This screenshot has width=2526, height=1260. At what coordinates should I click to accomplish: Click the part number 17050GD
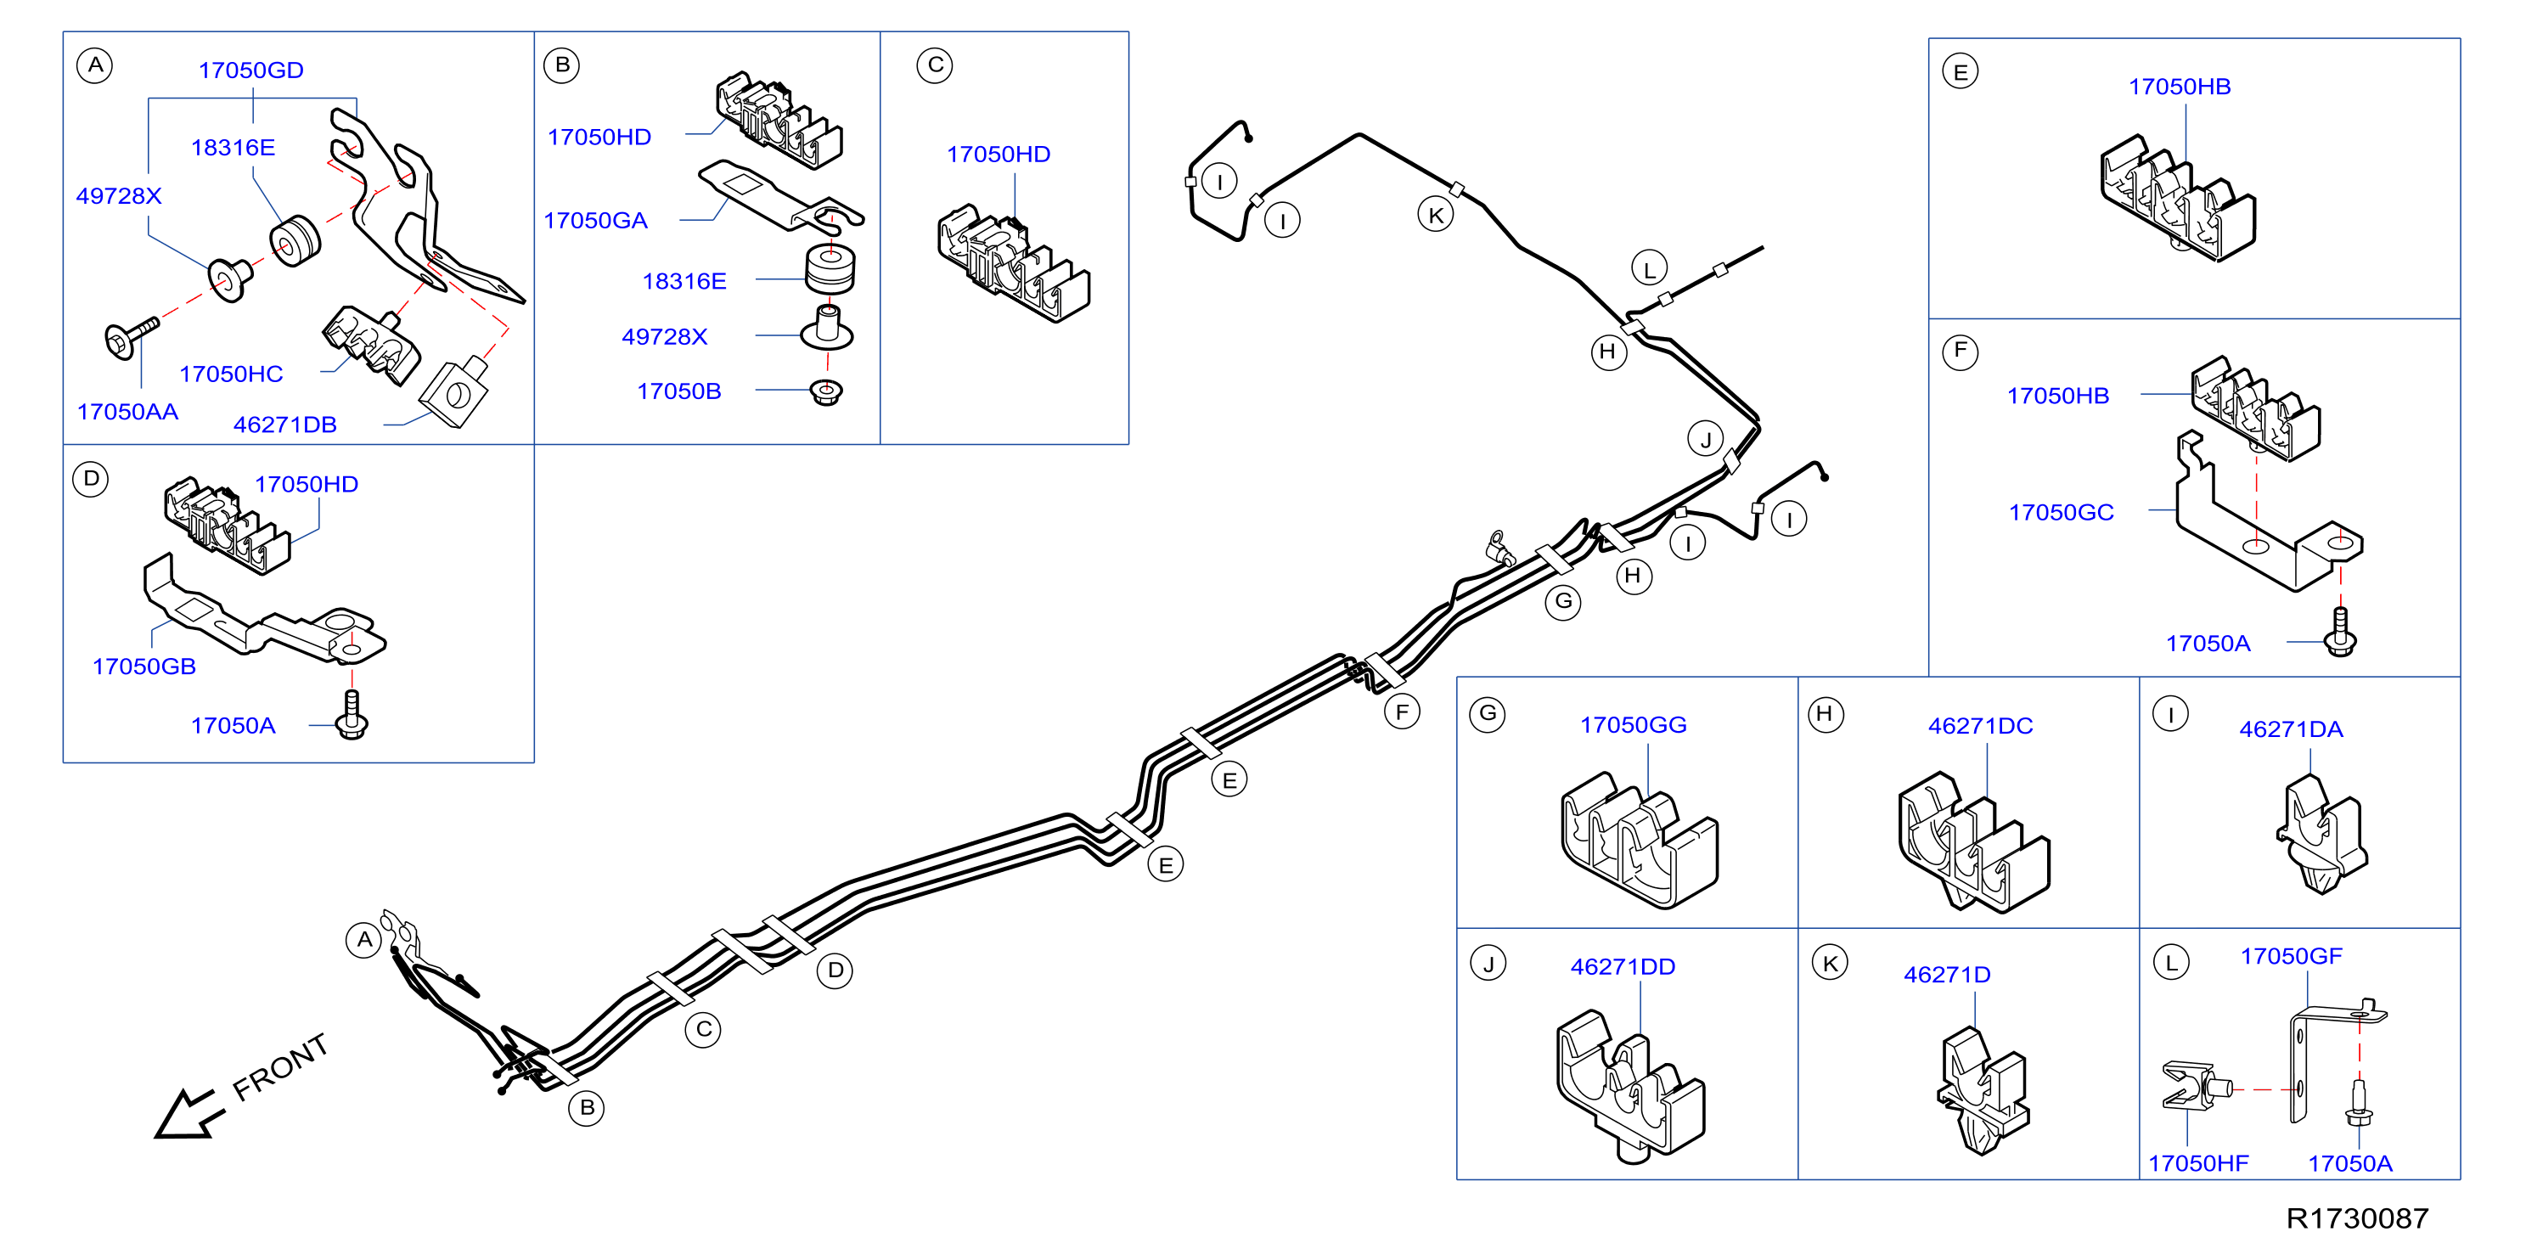[251, 70]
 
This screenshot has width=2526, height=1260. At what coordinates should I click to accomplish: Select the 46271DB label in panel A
[285, 425]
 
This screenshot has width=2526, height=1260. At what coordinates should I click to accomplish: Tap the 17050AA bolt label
[127, 412]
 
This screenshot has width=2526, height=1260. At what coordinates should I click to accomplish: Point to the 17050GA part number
[596, 221]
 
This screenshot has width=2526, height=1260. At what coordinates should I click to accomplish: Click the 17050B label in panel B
[679, 391]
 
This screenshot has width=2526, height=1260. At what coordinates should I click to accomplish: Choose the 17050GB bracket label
[144, 667]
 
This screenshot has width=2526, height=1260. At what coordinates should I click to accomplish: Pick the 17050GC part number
[2062, 513]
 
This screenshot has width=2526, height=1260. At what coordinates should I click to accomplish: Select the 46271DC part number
[1981, 726]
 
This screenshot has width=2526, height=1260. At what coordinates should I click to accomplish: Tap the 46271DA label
[2292, 729]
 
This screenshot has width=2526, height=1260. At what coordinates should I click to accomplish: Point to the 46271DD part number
[1623, 967]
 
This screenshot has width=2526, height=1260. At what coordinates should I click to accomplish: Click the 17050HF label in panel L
[2198, 1164]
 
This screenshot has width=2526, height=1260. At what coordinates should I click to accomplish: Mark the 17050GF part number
[2292, 956]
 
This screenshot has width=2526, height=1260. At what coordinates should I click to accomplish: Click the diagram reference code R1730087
[2357, 1218]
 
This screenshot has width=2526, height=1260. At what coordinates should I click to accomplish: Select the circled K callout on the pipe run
[1436, 215]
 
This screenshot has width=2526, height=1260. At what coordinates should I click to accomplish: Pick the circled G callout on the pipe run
[1563, 601]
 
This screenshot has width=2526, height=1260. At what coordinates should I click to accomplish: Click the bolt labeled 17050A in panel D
[352, 715]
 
